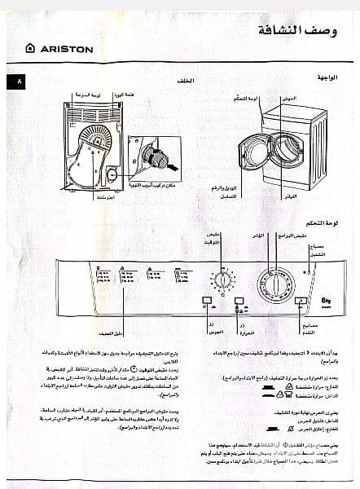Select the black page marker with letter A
(x=19, y=82)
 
